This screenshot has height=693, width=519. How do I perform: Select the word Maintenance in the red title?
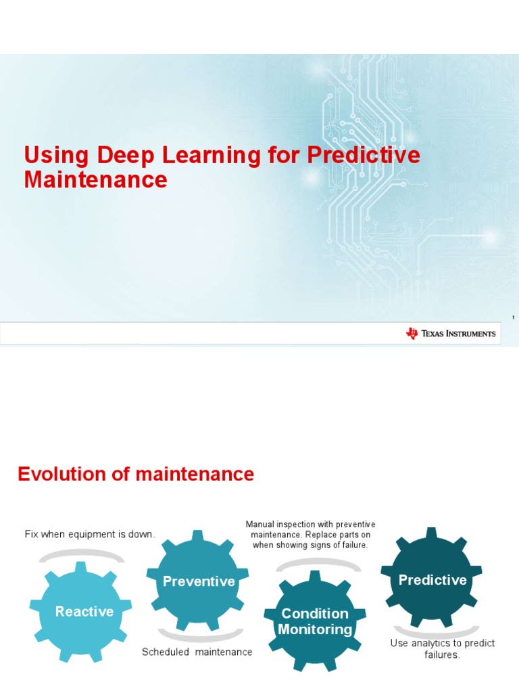click(95, 180)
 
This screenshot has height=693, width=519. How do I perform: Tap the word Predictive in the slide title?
click(364, 156)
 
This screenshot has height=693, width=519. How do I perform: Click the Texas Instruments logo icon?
click(412, 333)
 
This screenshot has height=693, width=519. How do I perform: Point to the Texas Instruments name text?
click(458, 334)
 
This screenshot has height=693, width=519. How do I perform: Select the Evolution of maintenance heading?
click(135, 474)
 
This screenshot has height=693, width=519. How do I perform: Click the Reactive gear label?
click(84, 612)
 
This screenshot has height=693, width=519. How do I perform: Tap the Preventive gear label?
click(199, 581)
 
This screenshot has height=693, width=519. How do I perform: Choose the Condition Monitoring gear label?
click(315, 621)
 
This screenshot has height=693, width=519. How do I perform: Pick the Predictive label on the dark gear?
click(432, 580)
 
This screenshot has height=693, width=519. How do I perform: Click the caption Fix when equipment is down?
click(90, 534)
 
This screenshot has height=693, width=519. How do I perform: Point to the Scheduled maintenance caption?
click(197, 652)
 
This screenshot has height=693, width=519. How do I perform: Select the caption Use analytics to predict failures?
click(443, 649)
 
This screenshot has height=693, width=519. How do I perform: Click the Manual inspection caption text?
click(310, 535)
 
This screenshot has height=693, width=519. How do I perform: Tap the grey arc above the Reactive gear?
click(82, 555)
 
